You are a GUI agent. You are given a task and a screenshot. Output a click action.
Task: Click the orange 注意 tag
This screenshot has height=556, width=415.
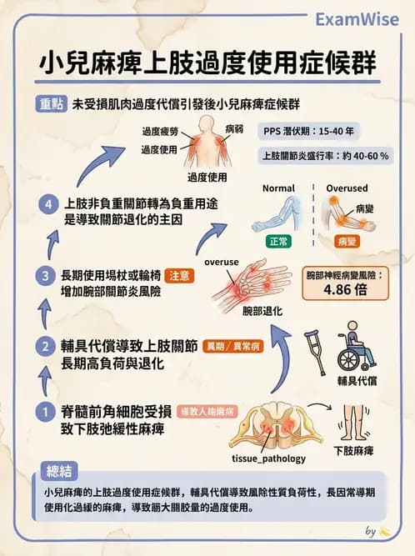pyautogui.click(x=182, y=276)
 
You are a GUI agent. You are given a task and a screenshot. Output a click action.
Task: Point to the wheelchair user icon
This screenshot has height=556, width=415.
pyautogui.click(x=355, y=349)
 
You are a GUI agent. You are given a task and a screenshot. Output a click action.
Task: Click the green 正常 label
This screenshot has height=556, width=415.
pyautogui.click(x=277, y=242)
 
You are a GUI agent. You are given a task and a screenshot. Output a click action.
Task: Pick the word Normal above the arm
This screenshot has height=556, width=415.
pyautogui.click(x=278, y=188)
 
